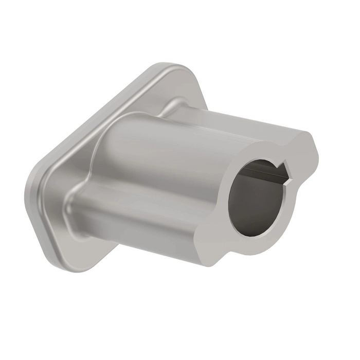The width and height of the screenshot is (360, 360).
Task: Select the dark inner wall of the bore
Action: [x=242, y=206]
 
